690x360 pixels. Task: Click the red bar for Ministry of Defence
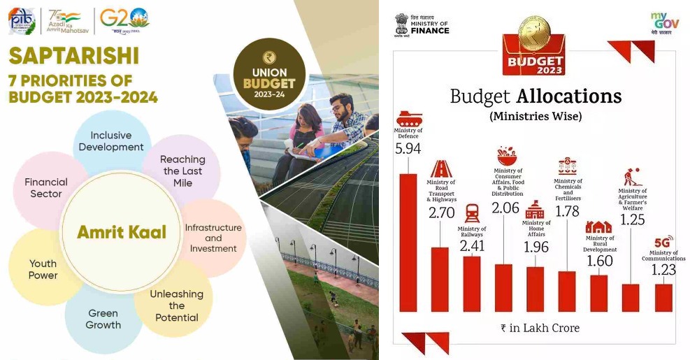pos(408,242)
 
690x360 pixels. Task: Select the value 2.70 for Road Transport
pos(440,213)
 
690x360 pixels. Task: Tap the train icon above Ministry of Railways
pos(472,213)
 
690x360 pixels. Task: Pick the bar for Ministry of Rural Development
pos(599,293)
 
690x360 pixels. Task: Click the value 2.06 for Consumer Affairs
pos(505,208)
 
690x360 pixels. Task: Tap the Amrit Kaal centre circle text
pos(122,232)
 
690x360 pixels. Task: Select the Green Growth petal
pos(103,319)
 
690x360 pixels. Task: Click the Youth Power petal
pos(43,269)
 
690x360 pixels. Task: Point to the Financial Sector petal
pos(46,187)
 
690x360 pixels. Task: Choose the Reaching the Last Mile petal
pos(182,171)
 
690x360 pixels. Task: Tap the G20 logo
pos(124,18)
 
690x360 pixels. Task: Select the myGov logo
pos(664,23)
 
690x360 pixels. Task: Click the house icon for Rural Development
pos(599,227)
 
